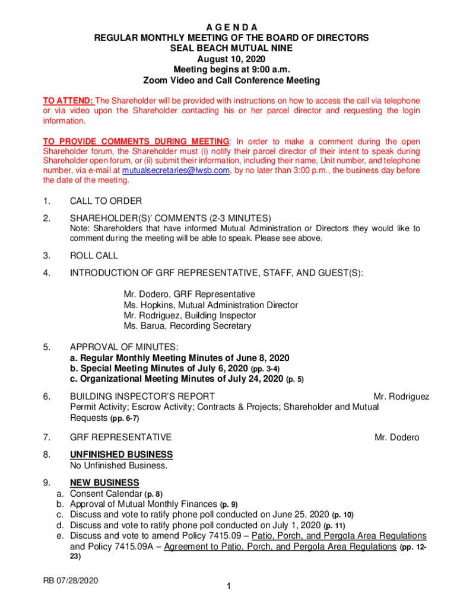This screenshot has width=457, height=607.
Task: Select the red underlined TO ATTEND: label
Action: point(68,101)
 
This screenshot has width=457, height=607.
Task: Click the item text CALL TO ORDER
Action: point(106,201)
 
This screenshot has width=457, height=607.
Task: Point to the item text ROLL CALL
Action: point(94,255)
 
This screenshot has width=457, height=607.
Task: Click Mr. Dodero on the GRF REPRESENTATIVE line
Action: point(396,437)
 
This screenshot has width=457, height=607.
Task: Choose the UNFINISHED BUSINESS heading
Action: point(121,455)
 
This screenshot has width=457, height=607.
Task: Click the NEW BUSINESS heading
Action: point(104,483)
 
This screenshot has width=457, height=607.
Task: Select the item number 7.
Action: point(46,437)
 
